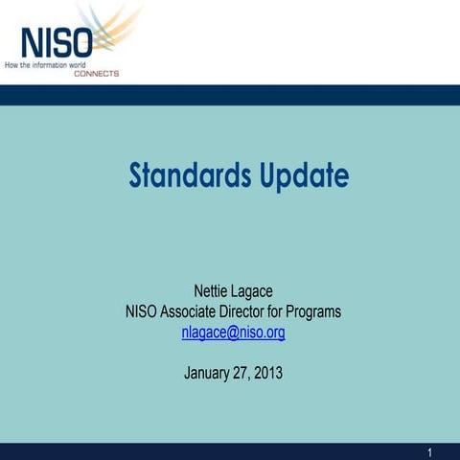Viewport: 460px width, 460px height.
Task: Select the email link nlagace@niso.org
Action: (x=233, y=333)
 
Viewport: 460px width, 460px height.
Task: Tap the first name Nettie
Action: (x=212, y=291)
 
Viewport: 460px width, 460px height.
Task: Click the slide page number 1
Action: (x=430, y=452)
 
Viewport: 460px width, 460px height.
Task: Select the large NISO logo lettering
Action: (x=57, y=44)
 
